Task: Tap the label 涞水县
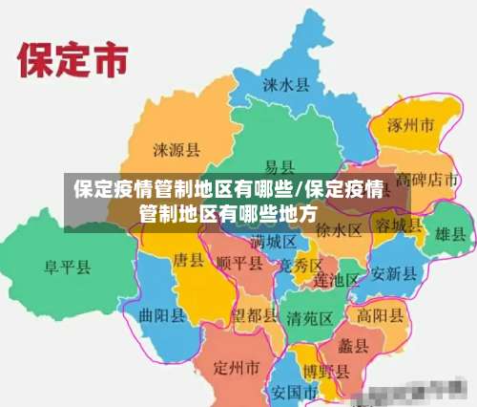tap(286, 85)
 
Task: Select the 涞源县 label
tap(176, 150)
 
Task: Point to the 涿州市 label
tap(411, 125)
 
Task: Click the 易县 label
tap(279, 166)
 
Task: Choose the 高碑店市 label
tap(429, 179)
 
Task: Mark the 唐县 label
tap(188, 260)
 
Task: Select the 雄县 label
tap(450, 233)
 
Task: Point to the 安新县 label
tap(393, 273)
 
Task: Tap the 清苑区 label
tap(309, 317)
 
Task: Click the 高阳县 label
tap(379, 314)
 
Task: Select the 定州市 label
tap(236, 367)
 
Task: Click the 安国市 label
tap(294, 392)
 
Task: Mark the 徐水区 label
tap(339, 230)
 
